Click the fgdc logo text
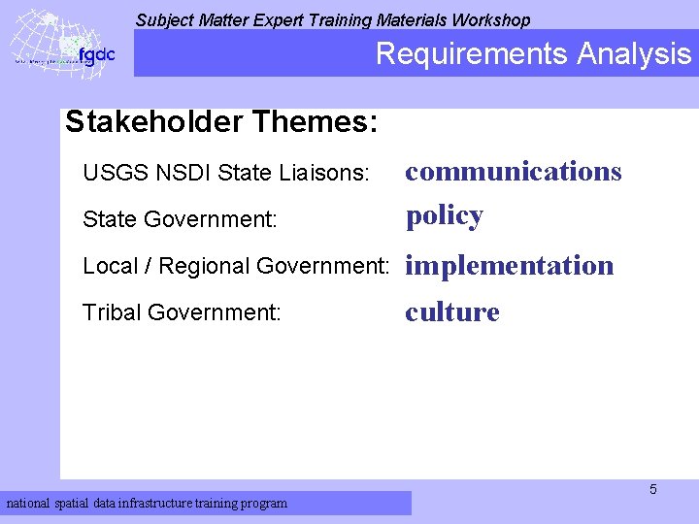click(97, 55)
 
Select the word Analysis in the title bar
click(633, 54)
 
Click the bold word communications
click(514, 172)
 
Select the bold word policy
click(445, 215)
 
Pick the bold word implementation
click(510, 266)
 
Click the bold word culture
click(452, 312)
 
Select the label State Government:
click(180, 220)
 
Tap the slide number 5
click(653, 489)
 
